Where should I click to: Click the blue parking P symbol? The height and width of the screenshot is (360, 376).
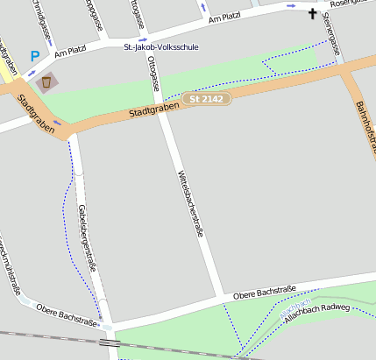(35, 56)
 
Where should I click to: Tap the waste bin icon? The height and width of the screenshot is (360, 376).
(46, 82)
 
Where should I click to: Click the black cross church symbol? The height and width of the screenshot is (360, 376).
(313, 13)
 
